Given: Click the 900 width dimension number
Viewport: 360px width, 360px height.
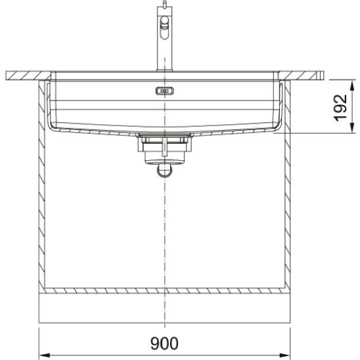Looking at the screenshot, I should point(164,342).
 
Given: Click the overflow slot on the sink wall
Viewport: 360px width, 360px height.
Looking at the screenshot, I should point(164,91).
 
